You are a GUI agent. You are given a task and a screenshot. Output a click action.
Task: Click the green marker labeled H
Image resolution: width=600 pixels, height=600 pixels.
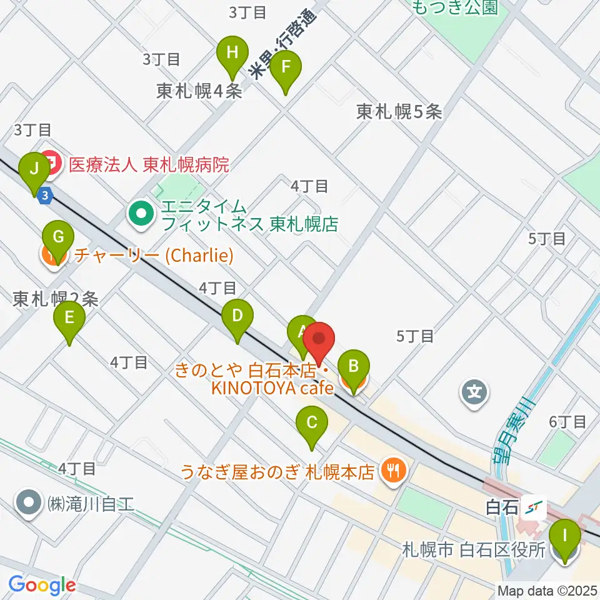click(x=232, y=52)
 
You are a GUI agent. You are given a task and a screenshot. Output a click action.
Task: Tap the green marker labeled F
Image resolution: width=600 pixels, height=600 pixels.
click(x=286, y=66)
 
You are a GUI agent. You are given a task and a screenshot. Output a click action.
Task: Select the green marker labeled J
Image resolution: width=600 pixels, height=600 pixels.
click(x=34, y=169)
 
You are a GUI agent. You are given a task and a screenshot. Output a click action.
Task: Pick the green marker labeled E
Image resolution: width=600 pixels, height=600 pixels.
click(x=69, y=317)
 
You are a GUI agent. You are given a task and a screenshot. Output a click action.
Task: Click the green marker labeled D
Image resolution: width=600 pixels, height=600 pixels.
click(x=237, y=316)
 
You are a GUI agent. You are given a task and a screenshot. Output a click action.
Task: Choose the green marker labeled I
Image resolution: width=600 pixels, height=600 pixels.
click(x=566, y=536)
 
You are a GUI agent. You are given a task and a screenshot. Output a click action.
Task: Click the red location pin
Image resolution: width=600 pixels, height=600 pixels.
click(x=319, y=341)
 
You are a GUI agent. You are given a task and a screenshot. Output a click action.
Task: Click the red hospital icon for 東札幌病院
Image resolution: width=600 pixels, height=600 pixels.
click(x=52, y=164)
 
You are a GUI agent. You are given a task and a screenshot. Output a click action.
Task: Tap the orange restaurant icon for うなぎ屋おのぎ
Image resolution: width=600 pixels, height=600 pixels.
click(x=393, y=470)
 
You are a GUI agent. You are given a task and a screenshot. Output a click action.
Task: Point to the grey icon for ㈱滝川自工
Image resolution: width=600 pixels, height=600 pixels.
click(x=29, y=503)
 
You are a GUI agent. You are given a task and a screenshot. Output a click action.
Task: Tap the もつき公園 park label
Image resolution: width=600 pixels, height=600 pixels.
click(x=454, y=7)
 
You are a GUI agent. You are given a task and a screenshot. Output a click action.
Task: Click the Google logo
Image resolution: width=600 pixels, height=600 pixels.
click(x=42, y=586)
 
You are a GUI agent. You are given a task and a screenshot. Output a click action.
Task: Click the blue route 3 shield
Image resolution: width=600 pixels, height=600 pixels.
click(x=44, y=196)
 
